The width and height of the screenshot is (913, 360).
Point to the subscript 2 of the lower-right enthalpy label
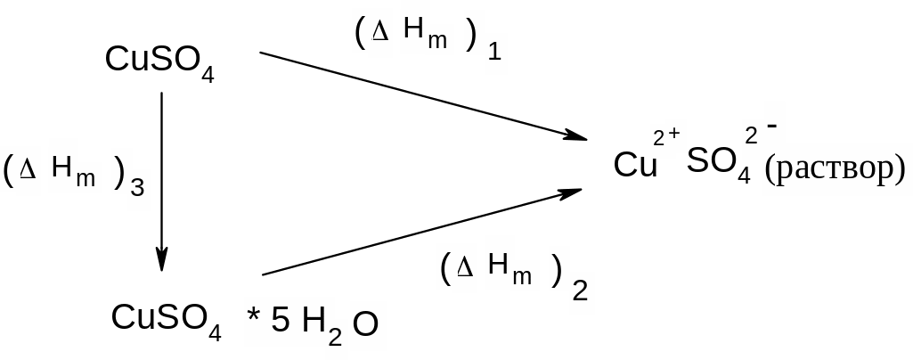(580, 291)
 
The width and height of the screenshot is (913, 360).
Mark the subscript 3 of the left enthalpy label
(137, 188)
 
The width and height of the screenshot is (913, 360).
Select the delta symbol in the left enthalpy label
(27, 172)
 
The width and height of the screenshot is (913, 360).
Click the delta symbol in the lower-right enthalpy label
(463, 271)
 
